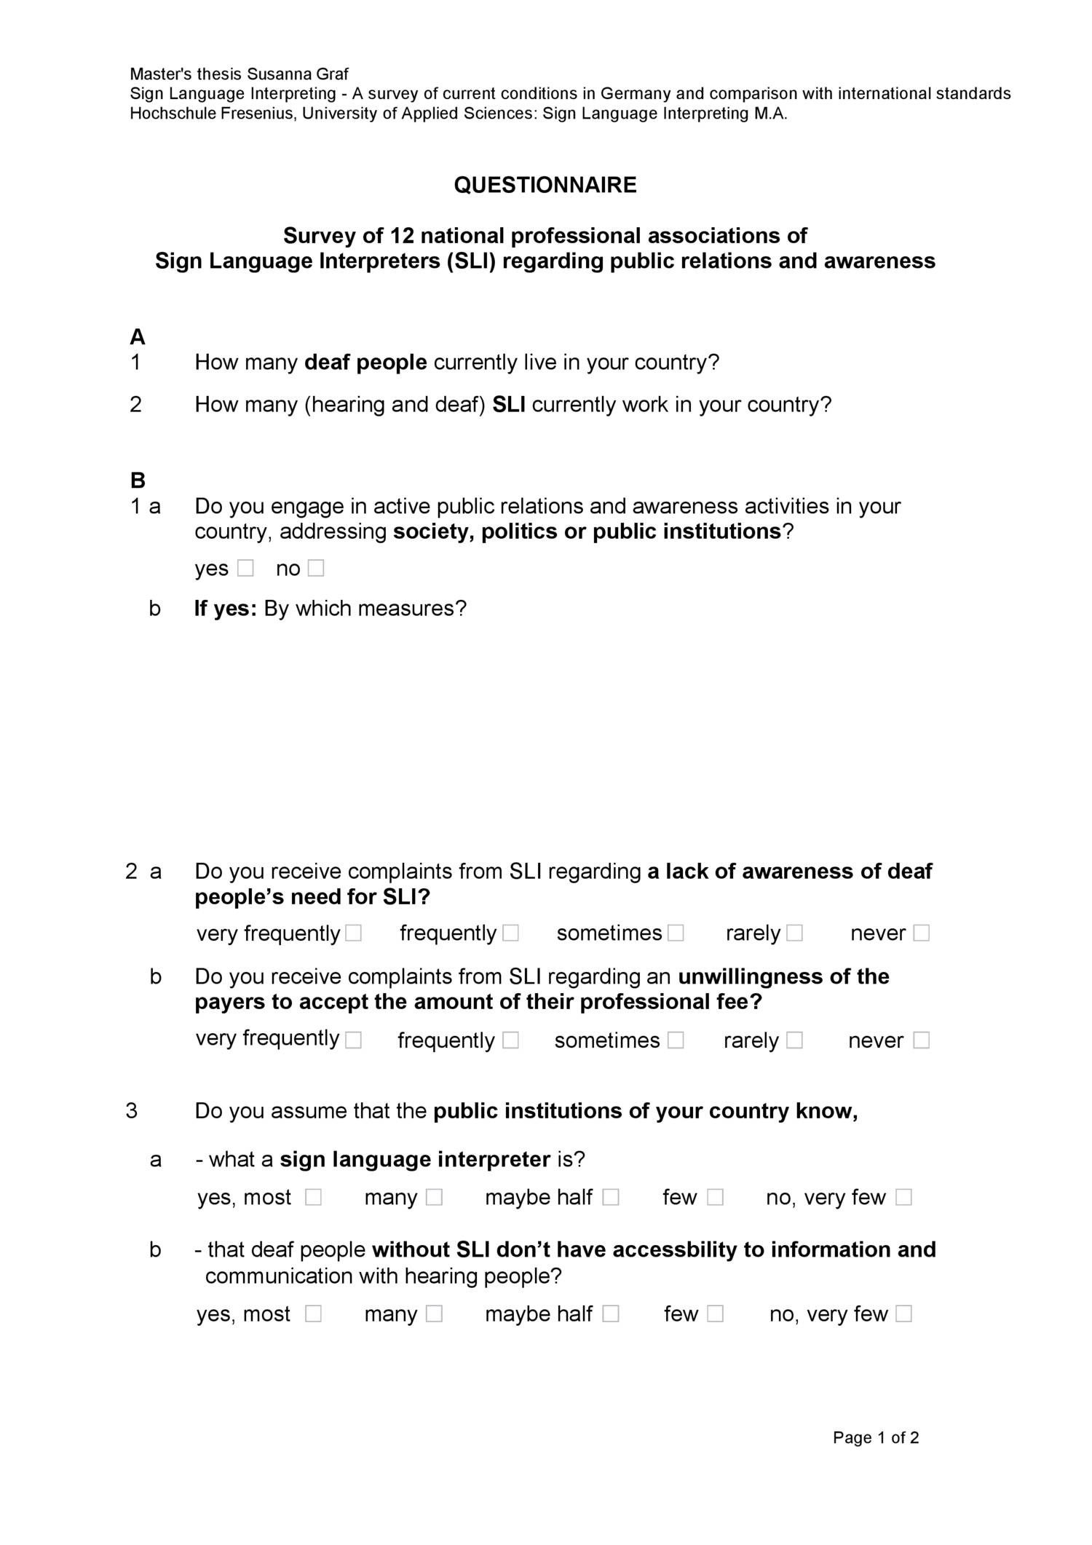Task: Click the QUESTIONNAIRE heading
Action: (545, 185)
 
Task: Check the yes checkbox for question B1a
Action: (245, 568)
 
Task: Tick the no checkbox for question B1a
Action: (315, 568)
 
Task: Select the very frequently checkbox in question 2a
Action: (354, 933)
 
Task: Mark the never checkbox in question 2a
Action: (921, 933)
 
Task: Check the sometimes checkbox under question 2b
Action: (676, 1040)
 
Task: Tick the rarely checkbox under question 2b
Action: (794, 1040)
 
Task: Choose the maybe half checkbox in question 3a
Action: (611, 1198)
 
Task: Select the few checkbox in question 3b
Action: (716, 1314)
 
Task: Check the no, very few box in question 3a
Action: (903, 1198)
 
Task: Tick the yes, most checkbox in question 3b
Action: (313, 1314)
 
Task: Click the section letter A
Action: (137, 337)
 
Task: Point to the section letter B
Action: (138, 481)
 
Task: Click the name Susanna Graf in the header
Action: (297, 74)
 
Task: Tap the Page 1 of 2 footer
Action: (876, 1438)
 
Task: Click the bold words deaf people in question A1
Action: (365, 363)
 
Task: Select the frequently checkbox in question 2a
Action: (511, 933)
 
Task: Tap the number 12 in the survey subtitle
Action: (402, 236)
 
